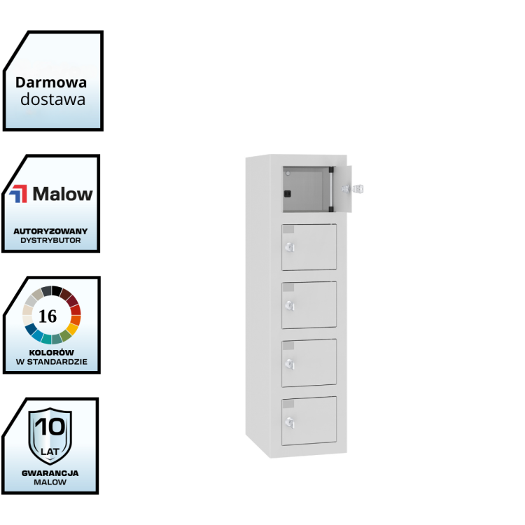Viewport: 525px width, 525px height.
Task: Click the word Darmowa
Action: (x=52, y=82)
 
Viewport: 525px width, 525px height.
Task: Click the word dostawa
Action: (x=52, y=99)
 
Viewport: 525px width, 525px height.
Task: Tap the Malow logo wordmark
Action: (x=62, y=193)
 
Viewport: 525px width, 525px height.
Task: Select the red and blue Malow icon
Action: (x=20, y=194)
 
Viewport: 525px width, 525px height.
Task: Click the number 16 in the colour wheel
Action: (x=48, y=316)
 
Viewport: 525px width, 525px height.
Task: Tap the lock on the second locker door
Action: (x=290, y=248)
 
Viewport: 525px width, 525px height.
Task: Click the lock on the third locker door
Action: (x=290, y=305)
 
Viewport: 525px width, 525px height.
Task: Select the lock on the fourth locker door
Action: (x=290, y=363)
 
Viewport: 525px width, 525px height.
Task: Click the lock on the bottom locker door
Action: (x=290, y=421)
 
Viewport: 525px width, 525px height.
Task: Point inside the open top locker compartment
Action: (x=305, y=190)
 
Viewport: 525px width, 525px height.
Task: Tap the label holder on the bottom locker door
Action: (x=288, y=402)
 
